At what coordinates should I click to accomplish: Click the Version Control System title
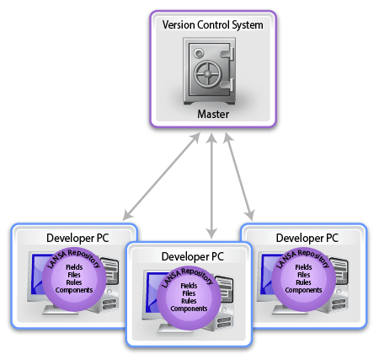click(213, 25)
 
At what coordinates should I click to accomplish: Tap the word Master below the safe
click(213, 114)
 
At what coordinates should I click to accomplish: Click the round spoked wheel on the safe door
click(207, 73)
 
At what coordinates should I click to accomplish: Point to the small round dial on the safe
click(199, 53)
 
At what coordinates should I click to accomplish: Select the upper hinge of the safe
click(228, 54)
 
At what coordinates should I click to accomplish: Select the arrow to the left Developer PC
click(162, 176)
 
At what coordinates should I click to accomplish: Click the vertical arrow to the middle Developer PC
click(211, 185)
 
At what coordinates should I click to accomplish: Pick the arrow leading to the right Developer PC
click(239, 177)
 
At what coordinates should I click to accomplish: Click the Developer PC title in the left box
click(77, 238)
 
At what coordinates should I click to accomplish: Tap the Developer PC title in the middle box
click(193, 256)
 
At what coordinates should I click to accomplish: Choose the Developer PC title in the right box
click(307, 238)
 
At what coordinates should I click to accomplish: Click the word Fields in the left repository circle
click(74, 267)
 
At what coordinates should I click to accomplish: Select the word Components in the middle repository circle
click(189, 309)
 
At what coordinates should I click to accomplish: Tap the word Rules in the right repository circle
click(303, 282)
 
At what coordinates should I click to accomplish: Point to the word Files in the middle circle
click(189, 293)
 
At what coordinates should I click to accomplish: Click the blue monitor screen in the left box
click(37, 273)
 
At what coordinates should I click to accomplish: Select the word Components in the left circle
click(74, 290)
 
